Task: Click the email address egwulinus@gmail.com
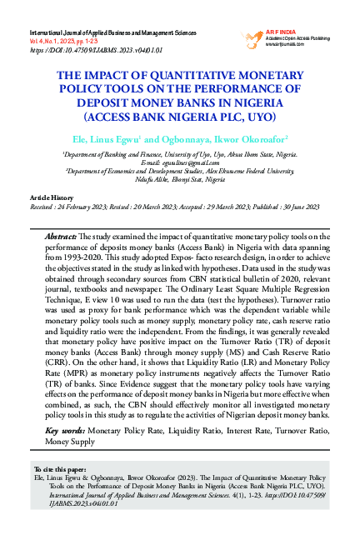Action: (x=179, y=162)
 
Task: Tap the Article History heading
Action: (x=52, y=194)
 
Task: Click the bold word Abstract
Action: (x=61, y=237)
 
